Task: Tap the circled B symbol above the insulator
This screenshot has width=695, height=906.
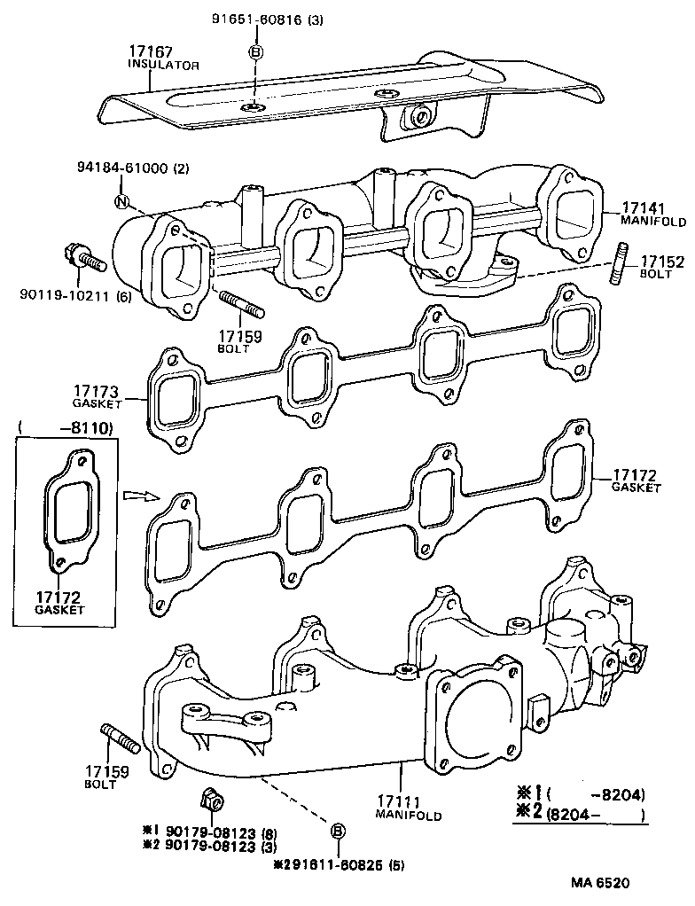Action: tap(255, 53)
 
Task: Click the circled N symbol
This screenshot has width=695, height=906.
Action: tap(121, 202)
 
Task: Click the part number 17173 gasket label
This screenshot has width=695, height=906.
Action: tap(98, 390)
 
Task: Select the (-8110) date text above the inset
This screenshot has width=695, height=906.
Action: tap(66, 428)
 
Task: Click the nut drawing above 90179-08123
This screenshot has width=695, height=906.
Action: tap(213, 799)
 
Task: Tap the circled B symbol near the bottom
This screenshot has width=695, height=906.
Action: tap(338, 831)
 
